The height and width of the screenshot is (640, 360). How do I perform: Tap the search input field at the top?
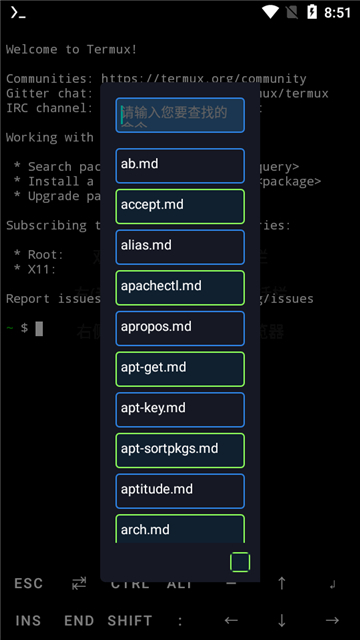click(x=180, y=115)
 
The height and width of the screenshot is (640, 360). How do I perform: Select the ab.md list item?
click(x=180, y=165)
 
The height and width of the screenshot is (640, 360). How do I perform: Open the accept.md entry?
click(x=180, y=205)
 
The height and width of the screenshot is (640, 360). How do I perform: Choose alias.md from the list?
click(x=180, y=246)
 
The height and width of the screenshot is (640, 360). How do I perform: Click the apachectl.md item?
click(x=180, y=287)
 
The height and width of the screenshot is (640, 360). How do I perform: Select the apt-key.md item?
click(x=180, y=409)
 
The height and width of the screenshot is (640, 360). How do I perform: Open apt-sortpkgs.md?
click(x=180, y=450)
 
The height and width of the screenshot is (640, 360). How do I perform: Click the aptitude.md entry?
click(x=180, y=490)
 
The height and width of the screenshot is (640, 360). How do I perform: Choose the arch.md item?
click(x=180, y=529)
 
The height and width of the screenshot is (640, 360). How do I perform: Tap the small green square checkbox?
click(x=240, y=562)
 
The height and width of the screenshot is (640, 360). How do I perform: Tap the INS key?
click(x=29, y=620)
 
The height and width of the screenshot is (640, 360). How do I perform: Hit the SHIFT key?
click(x=130, y=620)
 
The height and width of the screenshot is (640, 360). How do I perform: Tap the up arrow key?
click(x=282, y=583)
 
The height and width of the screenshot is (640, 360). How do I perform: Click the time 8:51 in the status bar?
click(x=337, y=13)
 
